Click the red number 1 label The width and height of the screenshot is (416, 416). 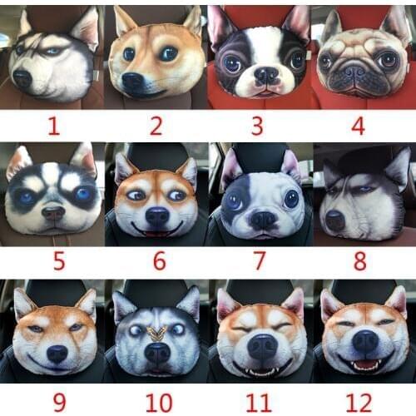pyautogui.click(x=54, y=126)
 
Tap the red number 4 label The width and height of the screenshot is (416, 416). pyautogui.click(x=358, y=126)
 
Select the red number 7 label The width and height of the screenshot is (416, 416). pyautogui.click(x=259, y=261)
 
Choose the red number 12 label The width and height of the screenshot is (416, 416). pyautogui.click(x=358, y=402)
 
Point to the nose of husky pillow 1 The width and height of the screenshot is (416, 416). pyautogui.click(x=23, y=78)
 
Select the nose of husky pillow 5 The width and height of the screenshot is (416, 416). pyautogui.click(x=53, y=213)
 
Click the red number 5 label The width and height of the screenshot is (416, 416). pyautogui.click(x=58, y=261)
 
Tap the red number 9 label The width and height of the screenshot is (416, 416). pyautogui.click(x=58, y=402)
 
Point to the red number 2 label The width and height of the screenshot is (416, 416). pyautogui.click(x=156, y=126)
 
